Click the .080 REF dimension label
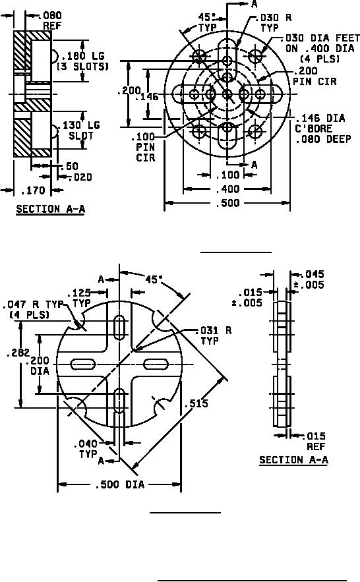(x=52, y=21)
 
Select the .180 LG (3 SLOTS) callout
(x=83, y=61)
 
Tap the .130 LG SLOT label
(x=80, y=131)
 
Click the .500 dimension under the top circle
(x=227, y=202)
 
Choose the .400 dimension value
(x=227, y=189)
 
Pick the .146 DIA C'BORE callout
(x=322, y=129)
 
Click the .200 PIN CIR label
(x=315, y=76)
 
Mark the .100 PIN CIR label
(x=145, y=147)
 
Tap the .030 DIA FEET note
(x=322, y=48)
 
